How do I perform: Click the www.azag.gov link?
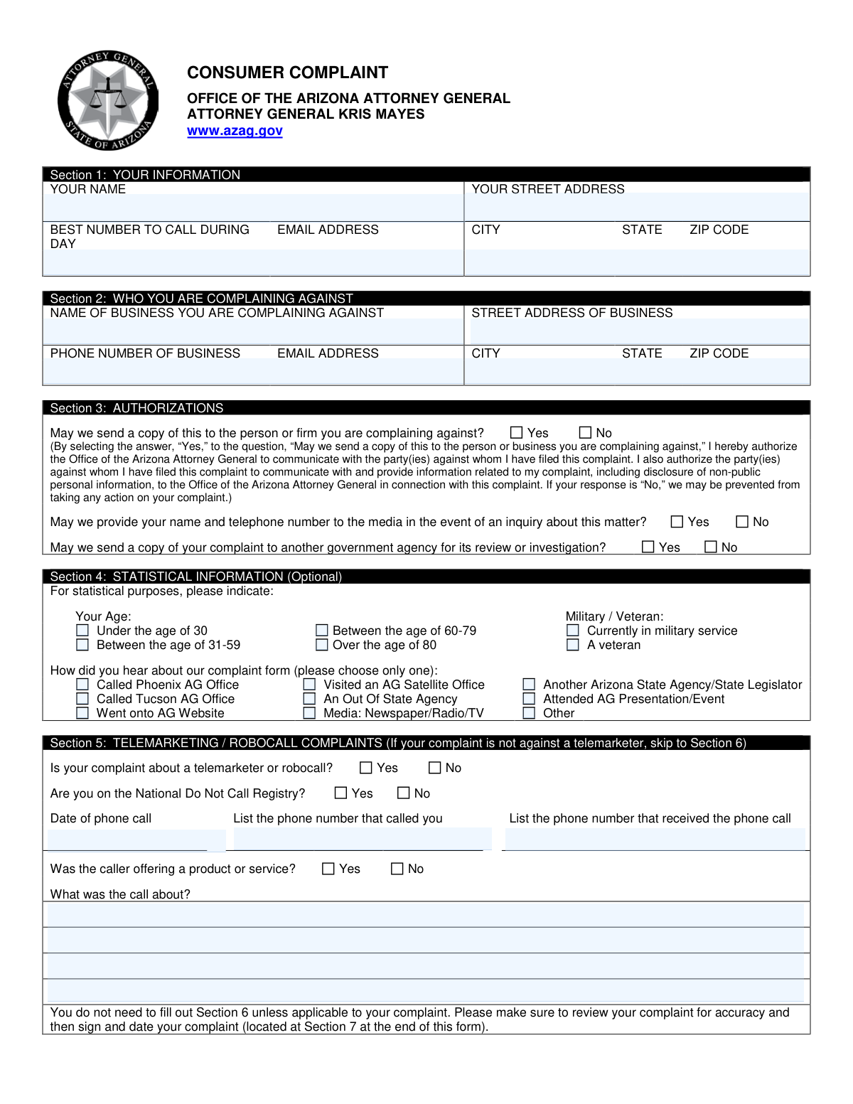point(235,131)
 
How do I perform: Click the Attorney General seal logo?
point(107,100)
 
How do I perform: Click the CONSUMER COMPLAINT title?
point(287,73)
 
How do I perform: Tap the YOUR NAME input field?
point(253,208)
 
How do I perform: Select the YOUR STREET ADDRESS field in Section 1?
point(637,208)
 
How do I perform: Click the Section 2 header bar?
point(426,298)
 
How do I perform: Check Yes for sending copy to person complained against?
point(517,433)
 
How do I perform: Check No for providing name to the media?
point(742,522)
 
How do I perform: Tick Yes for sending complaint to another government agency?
point(648,547)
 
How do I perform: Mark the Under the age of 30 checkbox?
point(82,631)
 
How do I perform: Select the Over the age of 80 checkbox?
point(322,645)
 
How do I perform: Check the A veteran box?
point(573,645)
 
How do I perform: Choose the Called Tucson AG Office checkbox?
point(82,699)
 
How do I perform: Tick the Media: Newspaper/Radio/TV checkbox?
point(309,713)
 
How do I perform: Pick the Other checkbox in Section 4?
point(529,713)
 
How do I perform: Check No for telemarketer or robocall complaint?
point(435,768)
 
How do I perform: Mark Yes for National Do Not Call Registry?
point(341,793)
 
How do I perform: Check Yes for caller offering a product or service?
point(328,869)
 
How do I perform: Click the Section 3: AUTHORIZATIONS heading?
point(136,408)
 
